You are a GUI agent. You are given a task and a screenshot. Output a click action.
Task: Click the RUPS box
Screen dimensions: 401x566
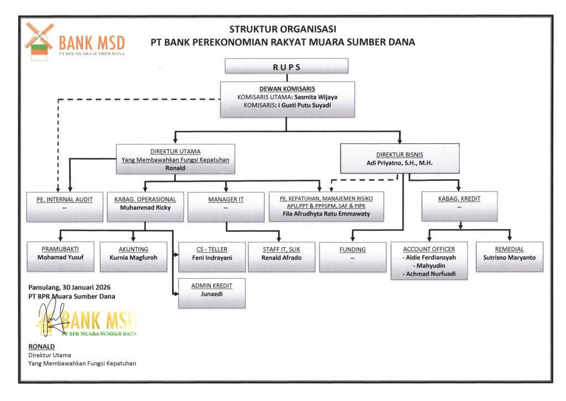coord(286,66)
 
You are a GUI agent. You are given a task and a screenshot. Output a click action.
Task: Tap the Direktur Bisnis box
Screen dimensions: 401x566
coord(399,158)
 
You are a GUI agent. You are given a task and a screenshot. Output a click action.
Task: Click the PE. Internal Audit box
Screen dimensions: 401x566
coord(60,206)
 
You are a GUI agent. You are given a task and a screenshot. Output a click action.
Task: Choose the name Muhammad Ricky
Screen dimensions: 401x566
coord(145,208)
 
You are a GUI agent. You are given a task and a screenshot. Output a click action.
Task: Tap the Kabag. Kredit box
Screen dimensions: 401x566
coord(458,206)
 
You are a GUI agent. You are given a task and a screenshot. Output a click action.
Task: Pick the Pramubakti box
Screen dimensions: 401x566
coord(60,256)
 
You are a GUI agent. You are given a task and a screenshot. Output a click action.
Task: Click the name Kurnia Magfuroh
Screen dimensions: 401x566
coord(133,257)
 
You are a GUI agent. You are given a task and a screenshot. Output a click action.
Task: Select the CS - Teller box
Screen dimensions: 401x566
coord(212,256)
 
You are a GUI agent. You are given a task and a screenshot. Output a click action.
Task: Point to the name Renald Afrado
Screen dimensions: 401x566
coord(281,257)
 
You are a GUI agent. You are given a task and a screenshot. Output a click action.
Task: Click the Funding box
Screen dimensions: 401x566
coord(352,256)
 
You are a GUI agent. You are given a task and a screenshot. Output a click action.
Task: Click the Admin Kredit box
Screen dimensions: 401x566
coord(212,293)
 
